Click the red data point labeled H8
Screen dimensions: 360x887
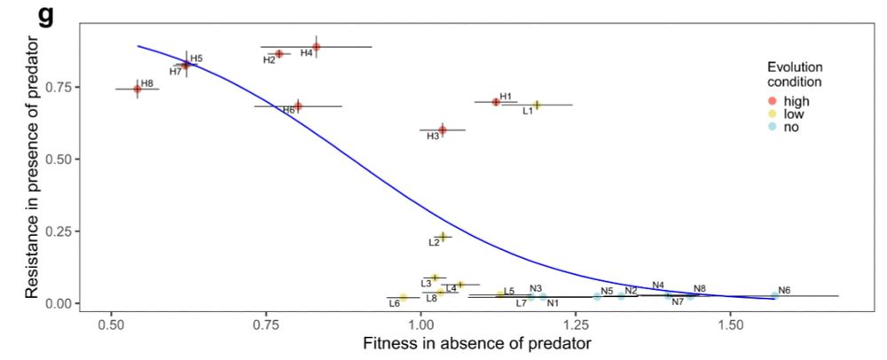137,89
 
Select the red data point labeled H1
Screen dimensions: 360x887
496,102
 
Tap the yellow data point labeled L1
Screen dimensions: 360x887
537,105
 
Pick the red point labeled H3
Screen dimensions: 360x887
443,130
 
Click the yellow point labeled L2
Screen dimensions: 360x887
442,236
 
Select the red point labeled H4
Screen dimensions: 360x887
316,47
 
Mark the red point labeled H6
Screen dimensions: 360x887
298,106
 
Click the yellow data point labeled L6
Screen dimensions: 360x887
403,297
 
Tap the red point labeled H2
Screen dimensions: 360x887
279,54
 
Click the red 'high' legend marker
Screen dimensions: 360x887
773,101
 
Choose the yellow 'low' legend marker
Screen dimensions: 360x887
773,113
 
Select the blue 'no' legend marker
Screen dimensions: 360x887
773,127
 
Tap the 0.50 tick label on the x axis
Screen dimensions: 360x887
111,318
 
